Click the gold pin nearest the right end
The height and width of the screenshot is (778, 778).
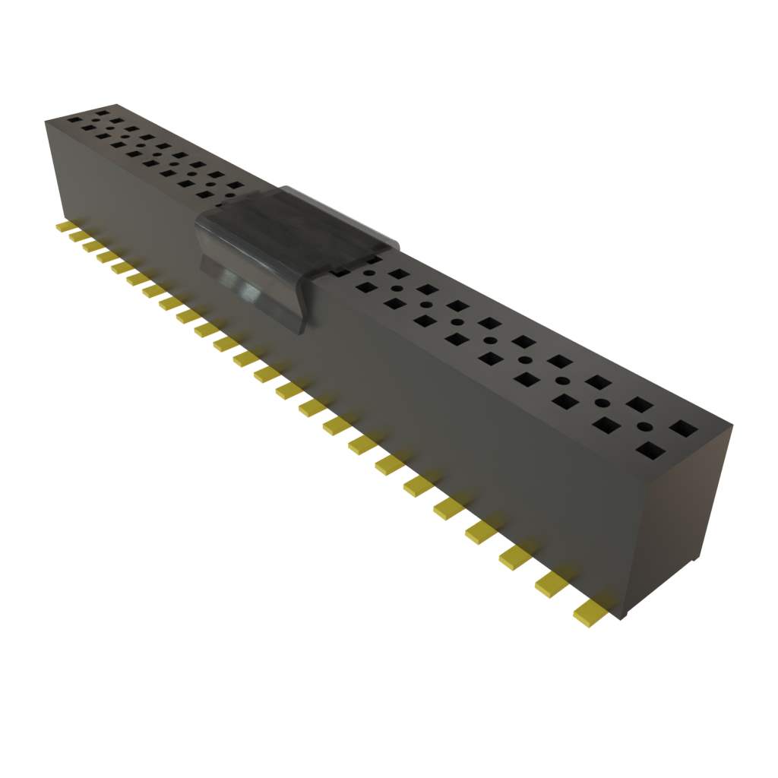[x=590, y=612]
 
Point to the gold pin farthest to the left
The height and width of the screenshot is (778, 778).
[x=65, y=228]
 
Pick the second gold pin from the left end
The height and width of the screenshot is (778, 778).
[x=78, y=237]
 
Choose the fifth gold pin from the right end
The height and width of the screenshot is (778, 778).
[x=451, y=509]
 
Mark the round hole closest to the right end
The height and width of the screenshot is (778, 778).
[x=645, y=426]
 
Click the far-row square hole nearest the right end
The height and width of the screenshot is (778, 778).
[x=682, y=429]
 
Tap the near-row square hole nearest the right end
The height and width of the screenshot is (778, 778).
[x=650, y=451]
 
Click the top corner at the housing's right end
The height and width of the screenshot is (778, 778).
[x=734, y=426]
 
